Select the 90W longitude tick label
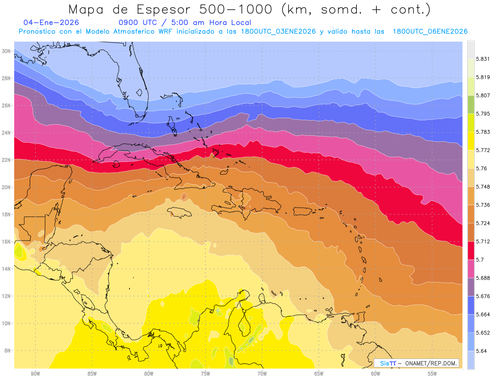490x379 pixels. [x=35, y=373]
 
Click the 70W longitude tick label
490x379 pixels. [x=262, y=373]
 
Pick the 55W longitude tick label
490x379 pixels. [x=432, y=373]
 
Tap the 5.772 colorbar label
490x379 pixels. [x=482, y=150]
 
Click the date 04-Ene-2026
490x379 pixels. [x=51, y=22]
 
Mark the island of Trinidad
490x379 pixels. [x=361, y=317]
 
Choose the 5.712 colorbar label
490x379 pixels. [x=482, y=242]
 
